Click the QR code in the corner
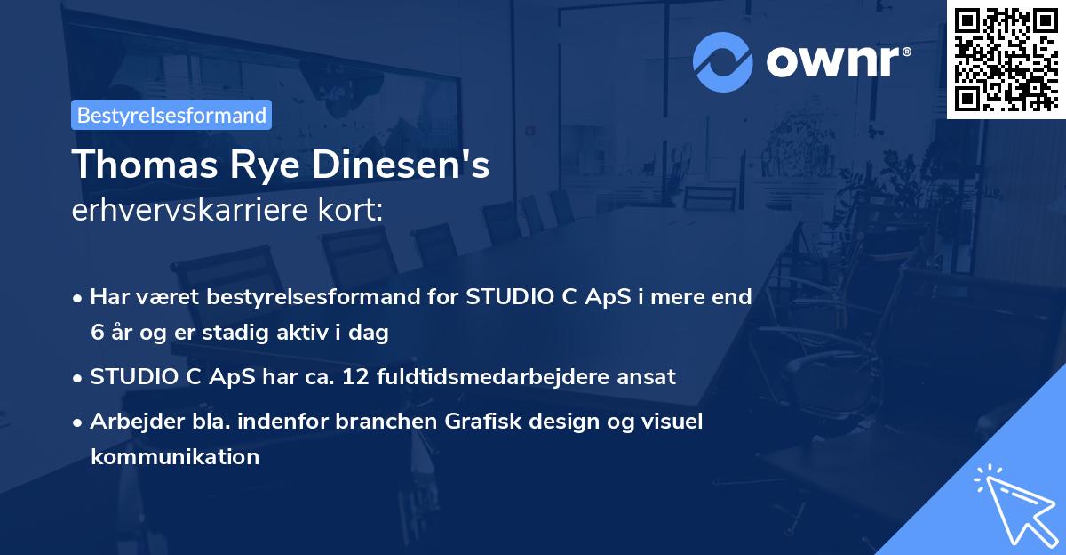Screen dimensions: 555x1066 (x=1006, y=58)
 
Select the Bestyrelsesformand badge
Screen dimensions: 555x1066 (x=171, y=115)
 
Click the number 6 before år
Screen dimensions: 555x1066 (x=96, y=333)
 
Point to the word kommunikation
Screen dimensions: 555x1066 (x=174, y=457)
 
